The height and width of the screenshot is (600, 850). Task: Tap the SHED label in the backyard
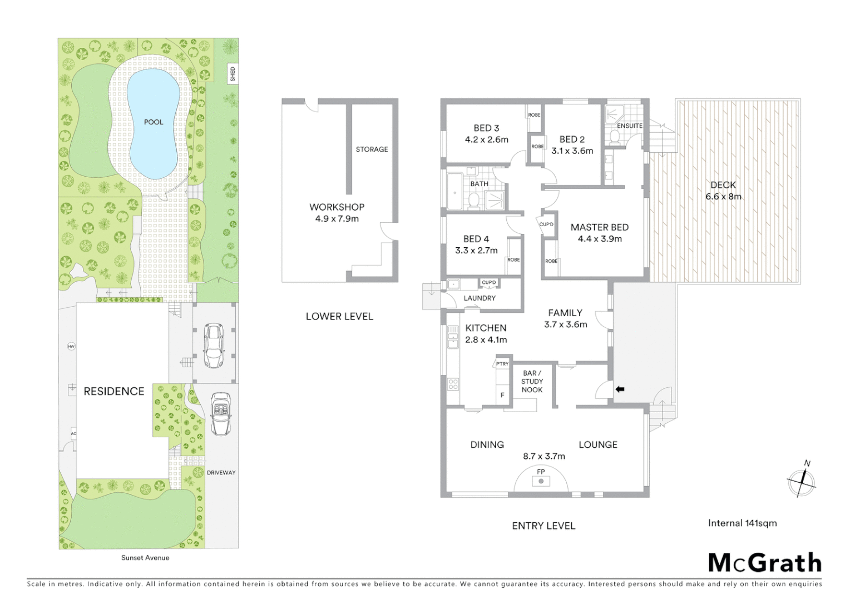(233, 74)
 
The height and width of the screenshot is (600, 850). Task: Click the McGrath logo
(765, 563)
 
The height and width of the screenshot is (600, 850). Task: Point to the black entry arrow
(620, 389)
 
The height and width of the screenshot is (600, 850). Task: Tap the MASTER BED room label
(599, 227)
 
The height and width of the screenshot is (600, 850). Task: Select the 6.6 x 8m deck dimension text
(723, 197)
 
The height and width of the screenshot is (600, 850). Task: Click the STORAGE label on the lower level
(372, 149)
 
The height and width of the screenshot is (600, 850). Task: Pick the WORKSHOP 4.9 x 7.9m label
(337, 213)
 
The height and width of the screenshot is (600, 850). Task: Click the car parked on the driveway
(221, 414)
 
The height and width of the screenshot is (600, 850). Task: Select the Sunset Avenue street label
(145, 558)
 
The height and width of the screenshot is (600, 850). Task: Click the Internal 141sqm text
(742, 523)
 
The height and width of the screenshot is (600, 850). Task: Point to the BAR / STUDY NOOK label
(532, 382)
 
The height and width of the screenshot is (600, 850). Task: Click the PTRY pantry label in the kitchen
(502, 364)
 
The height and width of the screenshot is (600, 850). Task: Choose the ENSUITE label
(630, 126)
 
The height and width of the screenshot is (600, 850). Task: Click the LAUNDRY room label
(480, 298)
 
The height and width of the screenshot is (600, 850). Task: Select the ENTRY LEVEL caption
(543, 526)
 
